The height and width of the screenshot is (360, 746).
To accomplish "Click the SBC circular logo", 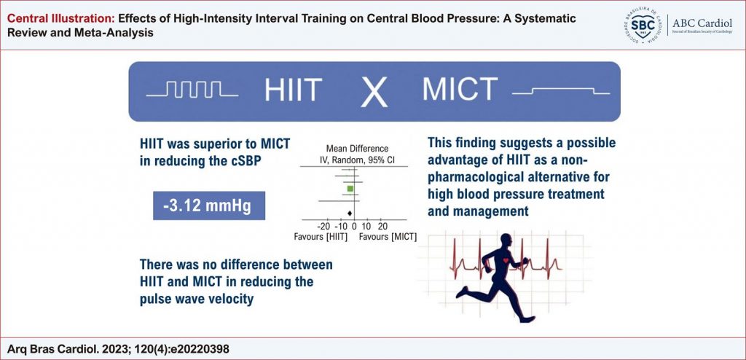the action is pyautogui.click(x=642, y=25).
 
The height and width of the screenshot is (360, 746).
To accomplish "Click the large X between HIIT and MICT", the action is pyautogui.click(x=374, y=92).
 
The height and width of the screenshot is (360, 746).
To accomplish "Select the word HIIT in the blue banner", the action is pyautogui.click(x=294, y=90).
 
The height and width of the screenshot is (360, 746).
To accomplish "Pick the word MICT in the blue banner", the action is pyautogui.click(x=460, y=90).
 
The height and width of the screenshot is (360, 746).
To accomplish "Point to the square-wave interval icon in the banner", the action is pyautogui.click(x=192, y=90).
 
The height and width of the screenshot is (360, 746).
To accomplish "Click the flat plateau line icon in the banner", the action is pyautogui.click(x=561, y=90).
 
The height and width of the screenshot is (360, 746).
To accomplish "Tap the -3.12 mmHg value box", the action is pyautogui.click(x=209, y=206).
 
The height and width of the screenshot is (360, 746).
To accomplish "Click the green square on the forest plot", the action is pyautogui.click(x=350, y=189).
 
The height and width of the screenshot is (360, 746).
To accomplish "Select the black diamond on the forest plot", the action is pyautogui.click(x=350, y=213).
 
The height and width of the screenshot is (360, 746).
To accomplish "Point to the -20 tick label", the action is pyautogui.click(x=324, y=226).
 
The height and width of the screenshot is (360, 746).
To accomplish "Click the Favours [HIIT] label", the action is pyautogui.click(x=321, y=237).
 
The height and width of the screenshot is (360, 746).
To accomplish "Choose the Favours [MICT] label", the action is pyautogui.click(x=388, y=237).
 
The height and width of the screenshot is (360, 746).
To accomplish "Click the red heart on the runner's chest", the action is pyautogui.click(x=505, y=261).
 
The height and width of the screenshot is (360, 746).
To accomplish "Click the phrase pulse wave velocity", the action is pyautogui.click(x=197, y=300).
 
